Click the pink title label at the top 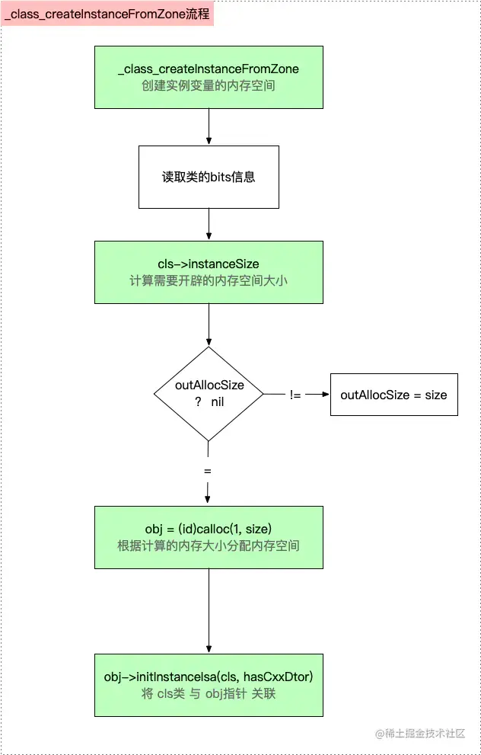(x=108, y=13)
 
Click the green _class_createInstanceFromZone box (x=209, y=77)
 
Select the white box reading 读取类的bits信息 (x=209, y=178)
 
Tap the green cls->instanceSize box (x=209, y=272)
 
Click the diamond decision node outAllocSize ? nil (x=209, y=393)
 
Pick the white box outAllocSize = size (x=393, y=395)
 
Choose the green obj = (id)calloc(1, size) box (x=209, y=536)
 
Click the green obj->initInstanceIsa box (x=209, y=685)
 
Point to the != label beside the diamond (x=295, y=395)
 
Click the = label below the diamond (x=208, y=472)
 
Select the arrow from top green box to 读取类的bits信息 (x=209, y=126)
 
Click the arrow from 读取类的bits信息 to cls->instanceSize (x=209, y=225)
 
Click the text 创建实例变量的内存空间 (x=209, y=86)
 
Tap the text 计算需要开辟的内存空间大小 (x=209, y=280)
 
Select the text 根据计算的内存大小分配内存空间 (x=209, y=545)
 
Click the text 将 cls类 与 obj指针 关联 (x=209, y=694)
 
